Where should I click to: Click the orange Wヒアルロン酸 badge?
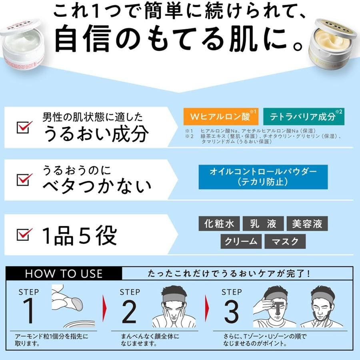coord(221,117)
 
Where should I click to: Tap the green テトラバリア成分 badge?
coord(304,117)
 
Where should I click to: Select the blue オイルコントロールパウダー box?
coord(263,177)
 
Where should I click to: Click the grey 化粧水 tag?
coord(219,223)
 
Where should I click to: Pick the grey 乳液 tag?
coord(263,223)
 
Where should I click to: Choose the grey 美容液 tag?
coord(307,223)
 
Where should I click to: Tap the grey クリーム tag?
coord(241,241)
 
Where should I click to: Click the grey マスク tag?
coord(285,241)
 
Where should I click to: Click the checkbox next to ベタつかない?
coord(24,179)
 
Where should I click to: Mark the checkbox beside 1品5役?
coord(24,234)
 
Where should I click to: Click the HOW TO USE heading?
coord(64,274)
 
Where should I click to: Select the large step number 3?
coord(231,311)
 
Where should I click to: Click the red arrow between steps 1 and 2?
coord(105,308)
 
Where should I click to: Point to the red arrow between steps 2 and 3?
coord(207,308)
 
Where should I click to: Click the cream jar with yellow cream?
coord(334,44)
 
